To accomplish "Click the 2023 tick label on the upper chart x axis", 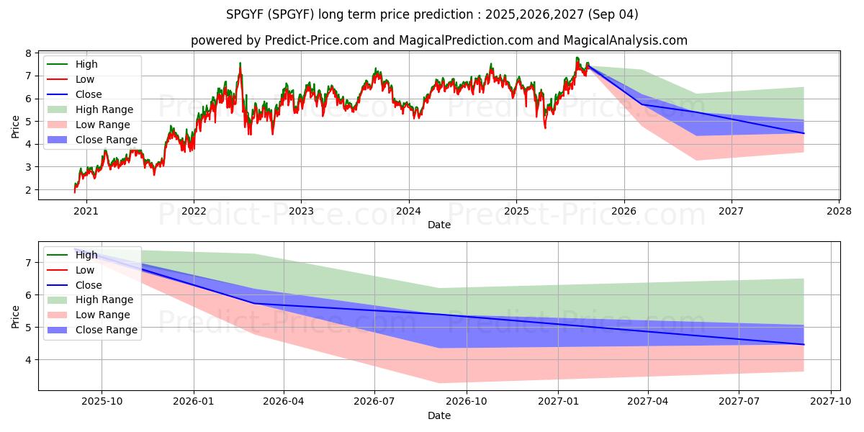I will [301, 212].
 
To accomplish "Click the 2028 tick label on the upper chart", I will [840, 212].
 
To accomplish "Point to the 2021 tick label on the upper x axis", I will [86, 212].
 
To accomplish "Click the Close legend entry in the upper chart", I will [89, 94].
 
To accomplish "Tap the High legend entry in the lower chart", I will [86, 255].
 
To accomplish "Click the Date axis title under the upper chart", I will [439, 225].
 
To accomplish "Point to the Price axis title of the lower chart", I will [16, 316].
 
